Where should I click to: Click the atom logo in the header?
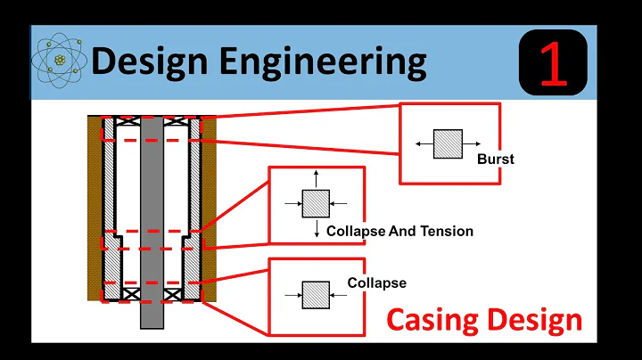60,61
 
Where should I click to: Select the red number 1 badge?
552,61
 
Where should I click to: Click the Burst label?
496,160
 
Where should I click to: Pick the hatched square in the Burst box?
448,143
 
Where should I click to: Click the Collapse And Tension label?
399,231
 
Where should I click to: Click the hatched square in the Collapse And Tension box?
317,204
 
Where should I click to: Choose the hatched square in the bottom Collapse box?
316,293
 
